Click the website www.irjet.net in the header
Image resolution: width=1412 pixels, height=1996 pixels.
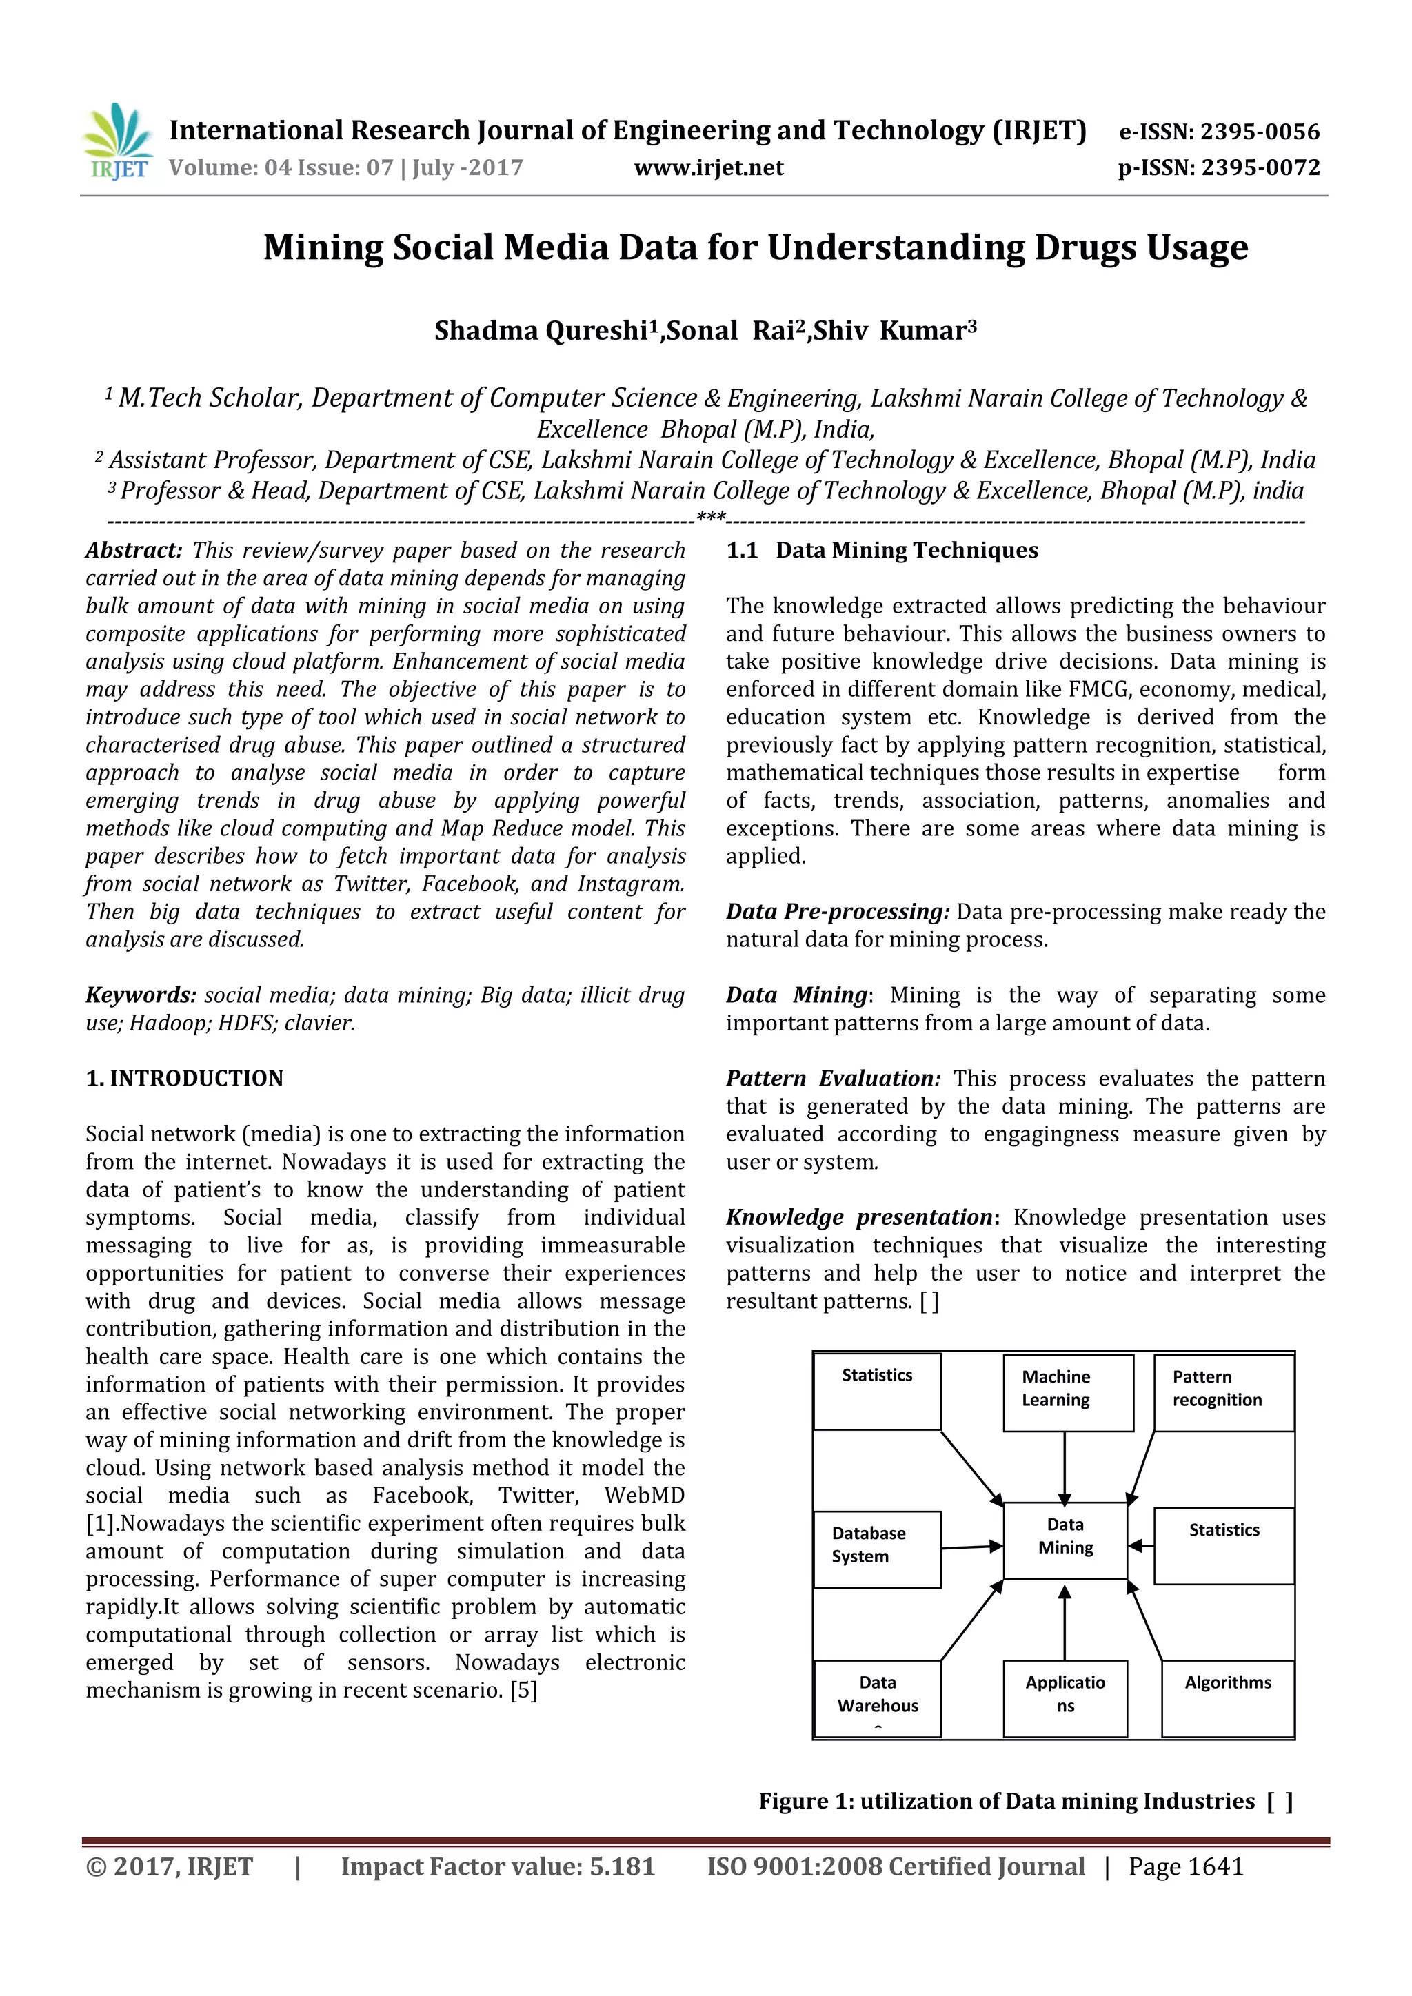(709, 167)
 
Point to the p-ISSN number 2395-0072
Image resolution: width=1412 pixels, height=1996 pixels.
(1261, 167)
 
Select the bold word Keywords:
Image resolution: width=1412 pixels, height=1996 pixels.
(141, 995)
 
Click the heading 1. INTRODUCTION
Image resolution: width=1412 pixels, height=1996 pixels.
(184, 1078)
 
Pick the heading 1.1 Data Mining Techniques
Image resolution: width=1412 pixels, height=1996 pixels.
(882, 550)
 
